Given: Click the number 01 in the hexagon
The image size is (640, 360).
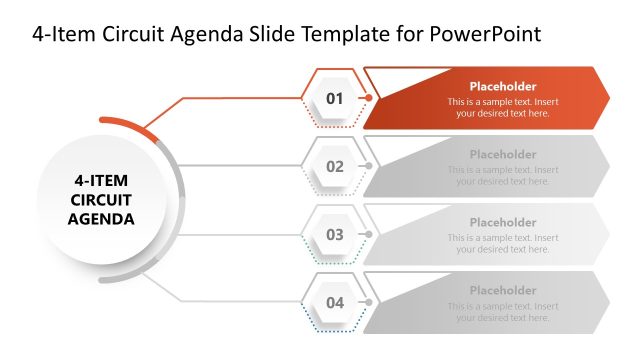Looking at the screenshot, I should pyautogui.click(x=334, y=98).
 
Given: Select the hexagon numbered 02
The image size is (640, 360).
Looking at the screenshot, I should pyautogui.click(x=334, y=166).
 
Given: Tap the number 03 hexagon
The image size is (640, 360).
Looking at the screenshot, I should pyautogui.click(x=334, y=234).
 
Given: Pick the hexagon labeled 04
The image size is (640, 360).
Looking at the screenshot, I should pyautogui.click(x=334, y=302).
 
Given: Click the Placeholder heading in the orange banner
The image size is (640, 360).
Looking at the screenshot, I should pyautogui.click(x=503, y=87).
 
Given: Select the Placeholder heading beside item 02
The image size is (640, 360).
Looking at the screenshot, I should pyautogui.click(x=503, y=155).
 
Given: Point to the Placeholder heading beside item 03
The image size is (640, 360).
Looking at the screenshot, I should pyautogui.click(x=503, y=223).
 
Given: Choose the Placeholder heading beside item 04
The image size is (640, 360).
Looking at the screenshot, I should pyautogui.click(x=503, y=291).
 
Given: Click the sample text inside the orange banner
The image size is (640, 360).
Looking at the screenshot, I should pyautogui.click(x=503, y=108).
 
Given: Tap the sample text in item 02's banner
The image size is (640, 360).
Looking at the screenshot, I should pyautogui.click(x=503, y=176).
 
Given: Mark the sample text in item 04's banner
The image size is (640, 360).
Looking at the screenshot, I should pyautogui.click(x=503, y=312).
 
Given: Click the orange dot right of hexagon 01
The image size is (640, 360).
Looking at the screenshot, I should pyautogui.click(x=369, y=98).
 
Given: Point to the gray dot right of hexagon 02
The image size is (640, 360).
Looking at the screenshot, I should pyautogui.click(x=369, y=166).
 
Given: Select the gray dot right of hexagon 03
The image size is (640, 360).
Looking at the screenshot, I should pyautogui.click(x=369, y=234).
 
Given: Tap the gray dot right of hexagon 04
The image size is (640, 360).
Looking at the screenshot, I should pyautogui.click(x=369, y=302).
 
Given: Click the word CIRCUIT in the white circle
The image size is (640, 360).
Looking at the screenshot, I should pyautogui.click(x=101, y=200).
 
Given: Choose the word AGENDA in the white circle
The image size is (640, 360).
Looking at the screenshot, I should pyautogui.click(x=101, y=218).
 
